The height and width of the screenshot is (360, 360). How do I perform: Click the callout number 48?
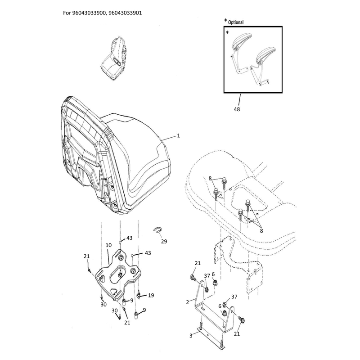(237, 109)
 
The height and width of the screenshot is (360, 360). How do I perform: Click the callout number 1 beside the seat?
(178, 136)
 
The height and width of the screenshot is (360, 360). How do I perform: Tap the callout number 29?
(164, 241)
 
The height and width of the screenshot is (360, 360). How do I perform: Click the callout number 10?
(108, 245)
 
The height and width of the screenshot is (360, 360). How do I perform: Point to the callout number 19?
(151, 295)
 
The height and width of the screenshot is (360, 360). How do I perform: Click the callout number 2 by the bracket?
(188, 302)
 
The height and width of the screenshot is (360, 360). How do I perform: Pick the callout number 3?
(191, 336)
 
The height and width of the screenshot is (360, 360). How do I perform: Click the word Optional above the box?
(236, 22)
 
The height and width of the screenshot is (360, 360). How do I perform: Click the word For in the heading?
(67, 13)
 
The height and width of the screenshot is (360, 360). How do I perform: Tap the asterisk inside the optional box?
(227, 32)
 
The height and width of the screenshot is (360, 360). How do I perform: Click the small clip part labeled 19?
(139, 295)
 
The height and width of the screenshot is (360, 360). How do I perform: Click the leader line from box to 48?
(239, 99)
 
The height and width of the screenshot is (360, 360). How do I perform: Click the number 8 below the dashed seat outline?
(261, 231)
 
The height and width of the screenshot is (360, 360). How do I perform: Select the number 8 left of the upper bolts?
(210, 178)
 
